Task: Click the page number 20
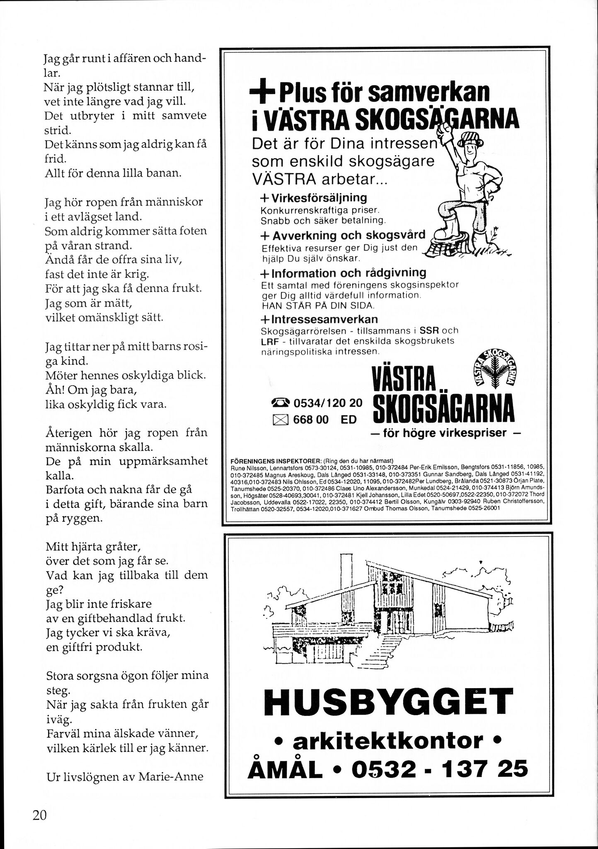point(40,814)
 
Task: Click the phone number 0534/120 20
point(328,403)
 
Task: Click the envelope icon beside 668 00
point(281,419)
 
